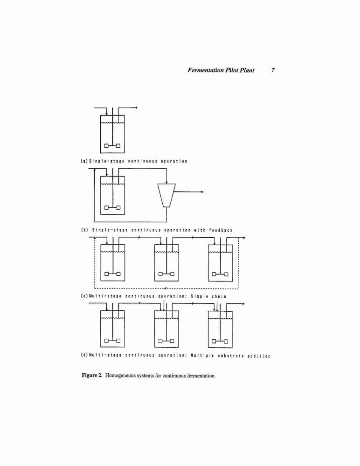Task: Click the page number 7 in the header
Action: [x=273, y=70]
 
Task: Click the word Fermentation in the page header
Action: [x=206, y=70]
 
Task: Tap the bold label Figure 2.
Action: [x=92, y=375]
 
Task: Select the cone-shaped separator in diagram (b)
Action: [x=166, y=195]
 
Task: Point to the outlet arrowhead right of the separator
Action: [x=202, y=192]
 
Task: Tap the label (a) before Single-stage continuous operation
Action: [x=84, y=161]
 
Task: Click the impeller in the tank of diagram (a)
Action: [x=112, y=145]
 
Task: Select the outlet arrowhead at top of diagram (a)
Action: [x=136, y=108]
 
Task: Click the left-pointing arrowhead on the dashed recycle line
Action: [x=166, y=288]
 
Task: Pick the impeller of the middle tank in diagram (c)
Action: [x=166, y=274]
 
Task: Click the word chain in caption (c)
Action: [x=219, y=296]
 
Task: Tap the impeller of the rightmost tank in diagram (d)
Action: [x=220, y=341]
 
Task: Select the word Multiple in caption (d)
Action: [x=202, y=356]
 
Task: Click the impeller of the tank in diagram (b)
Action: [x=112, y=207]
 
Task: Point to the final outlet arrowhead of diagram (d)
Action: [x=243, y=304]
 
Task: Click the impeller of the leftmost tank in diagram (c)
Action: [x=112, y=274]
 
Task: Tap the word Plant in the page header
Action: [x=247, y=70]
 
